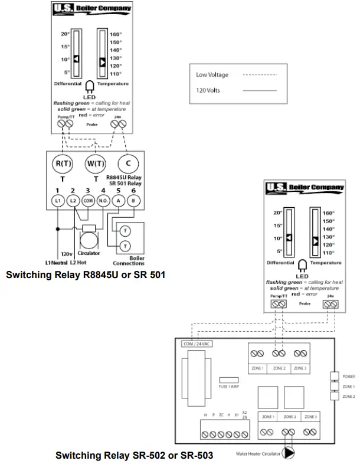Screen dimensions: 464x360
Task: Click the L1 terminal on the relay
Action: (57, 201)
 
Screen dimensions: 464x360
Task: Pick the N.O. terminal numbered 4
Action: (104, 201)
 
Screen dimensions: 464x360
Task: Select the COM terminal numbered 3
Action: (88, 201)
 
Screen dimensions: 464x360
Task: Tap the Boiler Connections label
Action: (129, 260)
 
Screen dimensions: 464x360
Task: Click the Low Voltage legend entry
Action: (212, 75)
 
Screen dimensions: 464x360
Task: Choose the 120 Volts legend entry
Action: (208, 91)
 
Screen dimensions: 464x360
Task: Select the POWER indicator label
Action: (349, 375)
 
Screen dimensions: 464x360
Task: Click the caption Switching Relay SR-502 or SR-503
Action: (134, 455)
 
